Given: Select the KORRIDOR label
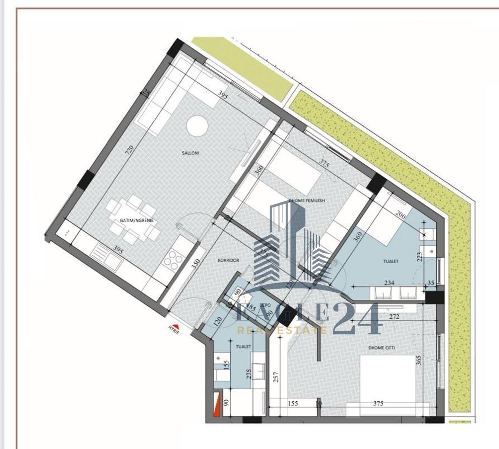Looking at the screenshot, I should [x=229, y=260].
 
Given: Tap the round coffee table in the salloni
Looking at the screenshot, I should [x=197, y=126].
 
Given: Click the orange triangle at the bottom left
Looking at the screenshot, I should [x=216, y=405].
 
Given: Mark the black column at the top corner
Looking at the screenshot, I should [x=177, y=46].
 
